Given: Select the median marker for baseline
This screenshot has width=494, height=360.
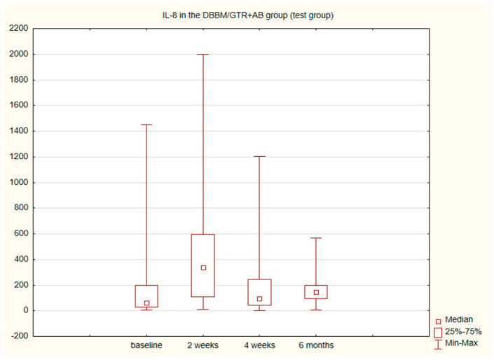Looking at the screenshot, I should click(x=146, y=303).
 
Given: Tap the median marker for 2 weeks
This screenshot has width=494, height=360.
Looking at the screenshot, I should click(x=203, y=268).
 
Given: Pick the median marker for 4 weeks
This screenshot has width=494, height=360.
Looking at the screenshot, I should click(x=259, y=299).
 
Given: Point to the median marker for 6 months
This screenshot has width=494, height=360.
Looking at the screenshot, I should click(x=316, y=292).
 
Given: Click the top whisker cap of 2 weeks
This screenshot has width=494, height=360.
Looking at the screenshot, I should click(x=203, y=54).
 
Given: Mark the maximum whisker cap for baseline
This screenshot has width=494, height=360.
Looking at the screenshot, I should click(x=146, y=125).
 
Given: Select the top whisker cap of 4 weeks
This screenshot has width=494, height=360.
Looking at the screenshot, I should click(x=259, y=156).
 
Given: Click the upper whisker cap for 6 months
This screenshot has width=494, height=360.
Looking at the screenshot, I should click(x=316, y=238).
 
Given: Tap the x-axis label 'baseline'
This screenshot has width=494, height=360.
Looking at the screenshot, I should click(x=146, y=345).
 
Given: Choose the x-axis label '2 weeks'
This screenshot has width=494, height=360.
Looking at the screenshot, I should click(x=203, y=345).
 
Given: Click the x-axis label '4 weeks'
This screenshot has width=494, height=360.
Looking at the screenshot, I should click(x=259, y=345).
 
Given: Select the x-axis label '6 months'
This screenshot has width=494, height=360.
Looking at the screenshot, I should click(x=316, y=345).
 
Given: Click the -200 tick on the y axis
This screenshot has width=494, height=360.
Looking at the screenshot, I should click(x=20, y=336).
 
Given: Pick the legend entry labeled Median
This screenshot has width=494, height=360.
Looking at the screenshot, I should click(x=458, y=319).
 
